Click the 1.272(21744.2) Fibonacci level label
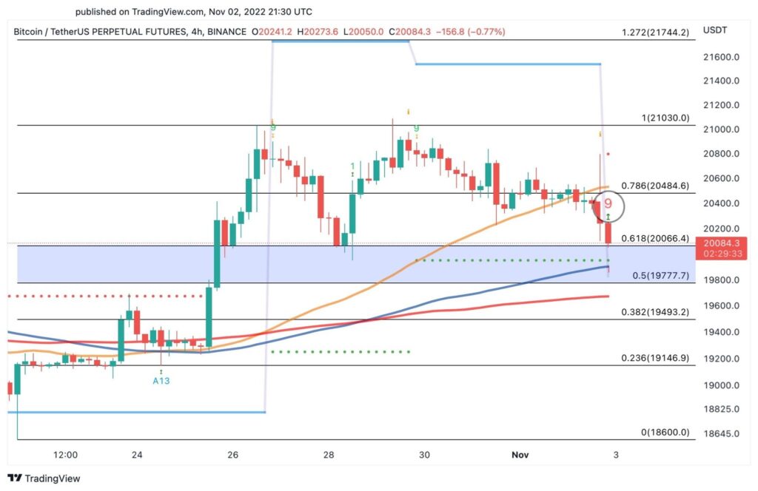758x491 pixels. point(656,33)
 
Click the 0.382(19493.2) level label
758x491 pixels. point(656,312)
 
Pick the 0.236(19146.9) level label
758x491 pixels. point(656,358)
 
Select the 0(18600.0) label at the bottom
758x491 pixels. point(665,433)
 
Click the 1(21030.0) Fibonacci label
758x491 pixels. point(665,118)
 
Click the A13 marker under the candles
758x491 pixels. point(161,381)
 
